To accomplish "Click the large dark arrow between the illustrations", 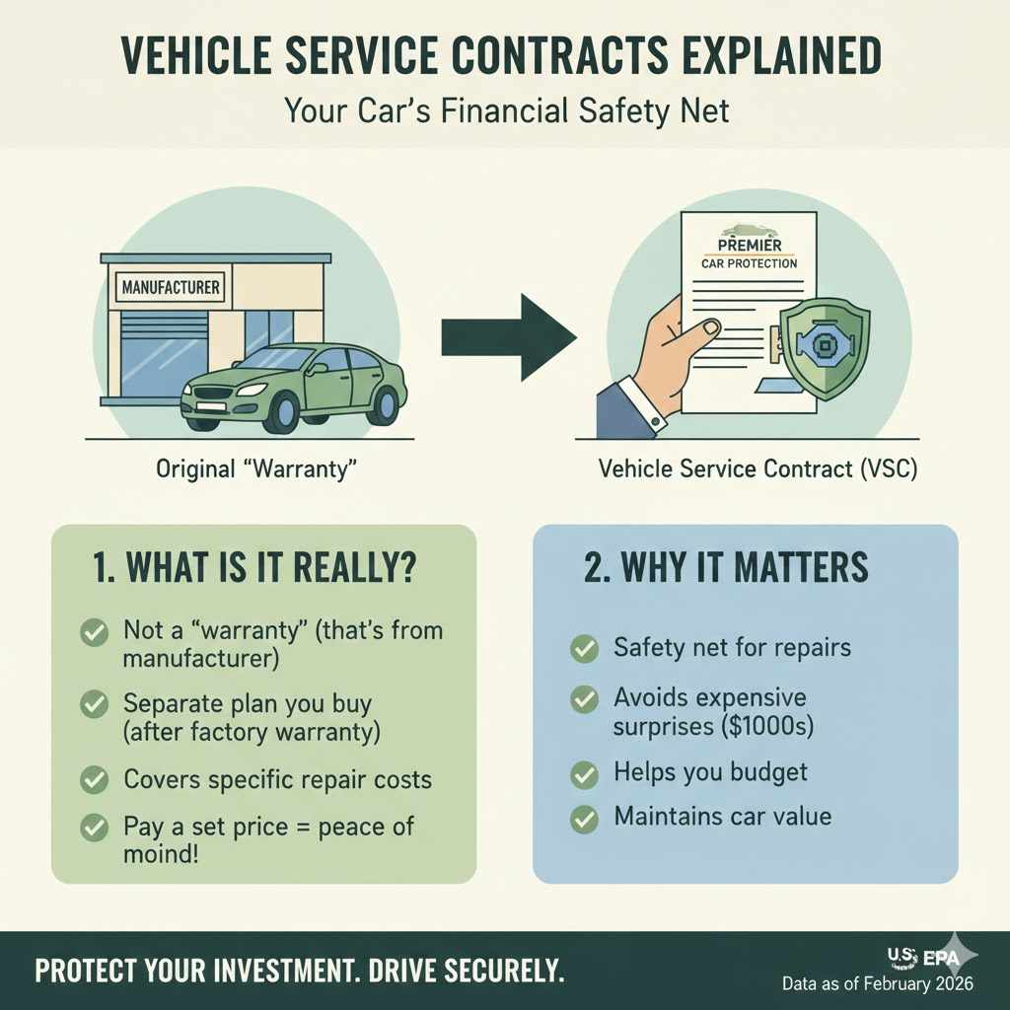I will tap(507, 337).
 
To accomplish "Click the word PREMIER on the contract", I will tap(750, 244).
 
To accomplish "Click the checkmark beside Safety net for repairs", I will tap(584, 649).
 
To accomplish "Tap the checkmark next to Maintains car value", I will tap(584, 818).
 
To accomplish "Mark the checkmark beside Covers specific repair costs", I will tap(94, 779).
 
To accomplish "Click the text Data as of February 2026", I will tap(877, 984).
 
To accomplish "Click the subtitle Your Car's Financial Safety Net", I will tap(507, 109).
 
